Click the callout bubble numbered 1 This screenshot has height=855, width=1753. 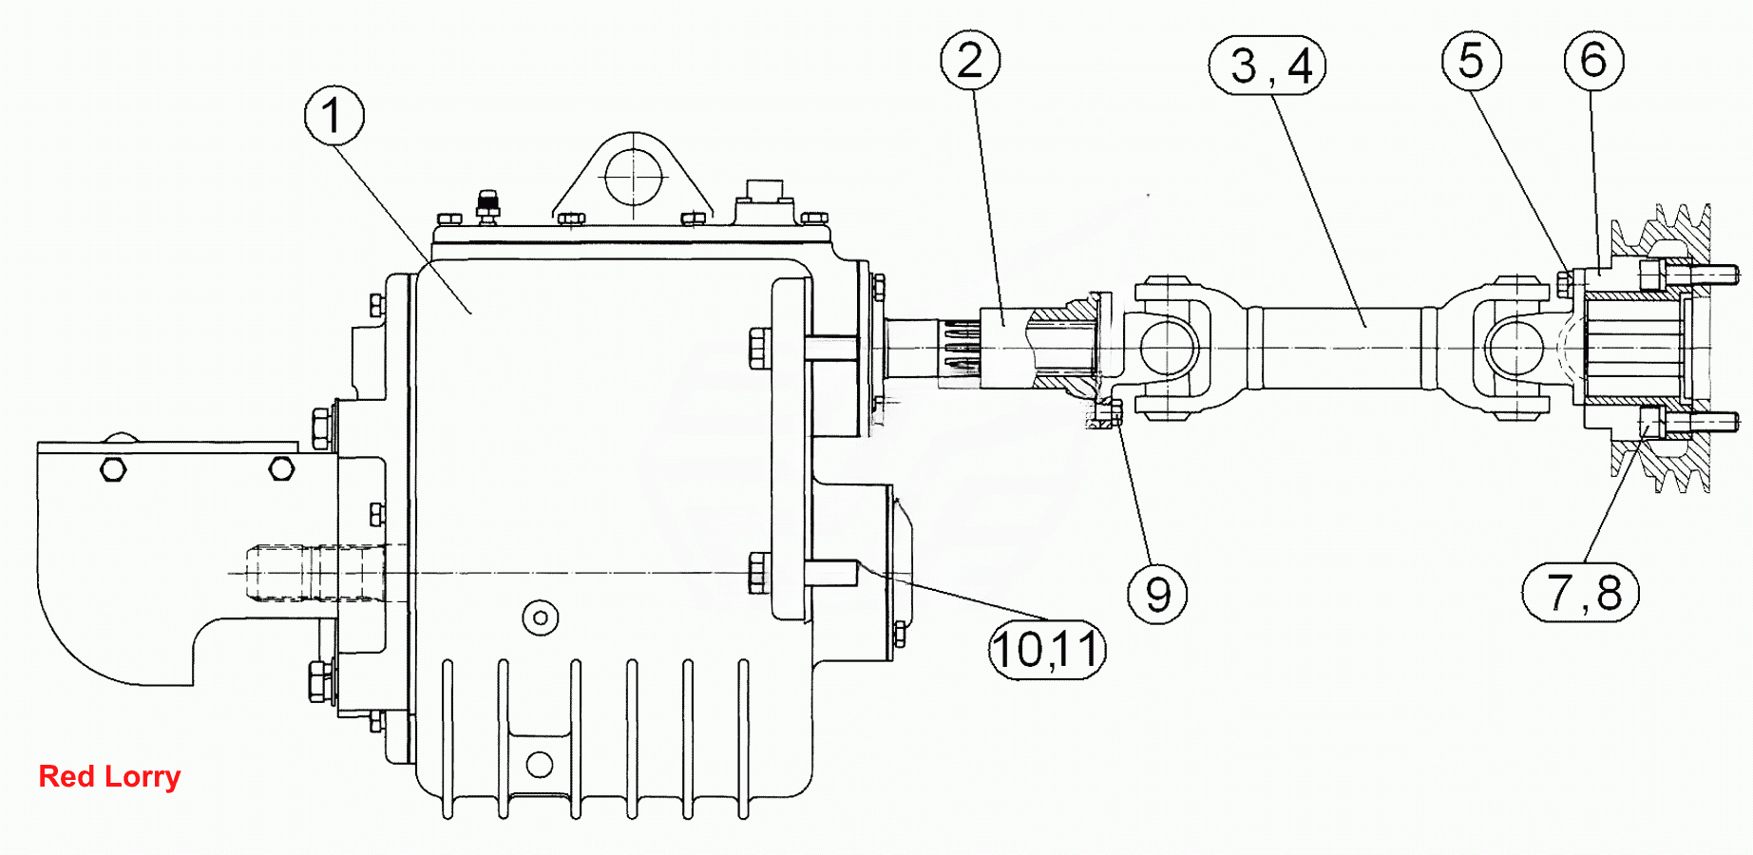click(x=333, y=116)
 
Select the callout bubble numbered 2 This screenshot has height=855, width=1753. click(x=970, y=61)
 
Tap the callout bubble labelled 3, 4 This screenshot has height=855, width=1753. click(x=1267, y=66)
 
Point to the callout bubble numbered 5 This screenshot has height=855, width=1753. click(x=1472, y=61)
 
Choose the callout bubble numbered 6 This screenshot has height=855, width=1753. click(x=1594, y=61)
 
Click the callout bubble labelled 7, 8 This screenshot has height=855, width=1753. click(x=1581, y=593)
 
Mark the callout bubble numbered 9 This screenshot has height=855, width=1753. click(x=1157, y=594)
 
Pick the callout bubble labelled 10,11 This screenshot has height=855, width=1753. click(x=1047, y=650)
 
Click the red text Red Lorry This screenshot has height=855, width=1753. click(x=109, y=776)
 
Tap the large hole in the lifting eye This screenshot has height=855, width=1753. click(x=634, y=177)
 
